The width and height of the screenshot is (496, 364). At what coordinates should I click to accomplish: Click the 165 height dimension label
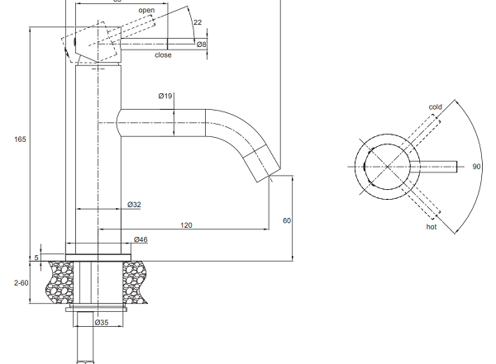(x=20, y=139)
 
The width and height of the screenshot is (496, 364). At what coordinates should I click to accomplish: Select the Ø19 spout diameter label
(x=165, y=96)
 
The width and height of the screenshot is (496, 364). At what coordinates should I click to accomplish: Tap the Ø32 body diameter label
(x=134, y=205)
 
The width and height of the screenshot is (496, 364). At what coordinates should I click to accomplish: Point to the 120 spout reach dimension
(x=186, y=225)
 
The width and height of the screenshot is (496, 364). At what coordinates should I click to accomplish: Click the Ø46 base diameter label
(x=141, y=239)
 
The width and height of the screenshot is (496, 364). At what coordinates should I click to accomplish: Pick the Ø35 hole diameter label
(x=102, y=322)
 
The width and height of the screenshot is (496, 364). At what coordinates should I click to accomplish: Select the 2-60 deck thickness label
(x=21, y=283)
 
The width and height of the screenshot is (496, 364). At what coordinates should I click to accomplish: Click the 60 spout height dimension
(x=287, y=220)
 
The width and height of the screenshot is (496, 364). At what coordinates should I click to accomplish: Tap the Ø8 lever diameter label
(x=201, y=45)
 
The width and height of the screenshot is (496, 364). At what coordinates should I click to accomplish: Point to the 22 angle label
(x=198, y=22)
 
